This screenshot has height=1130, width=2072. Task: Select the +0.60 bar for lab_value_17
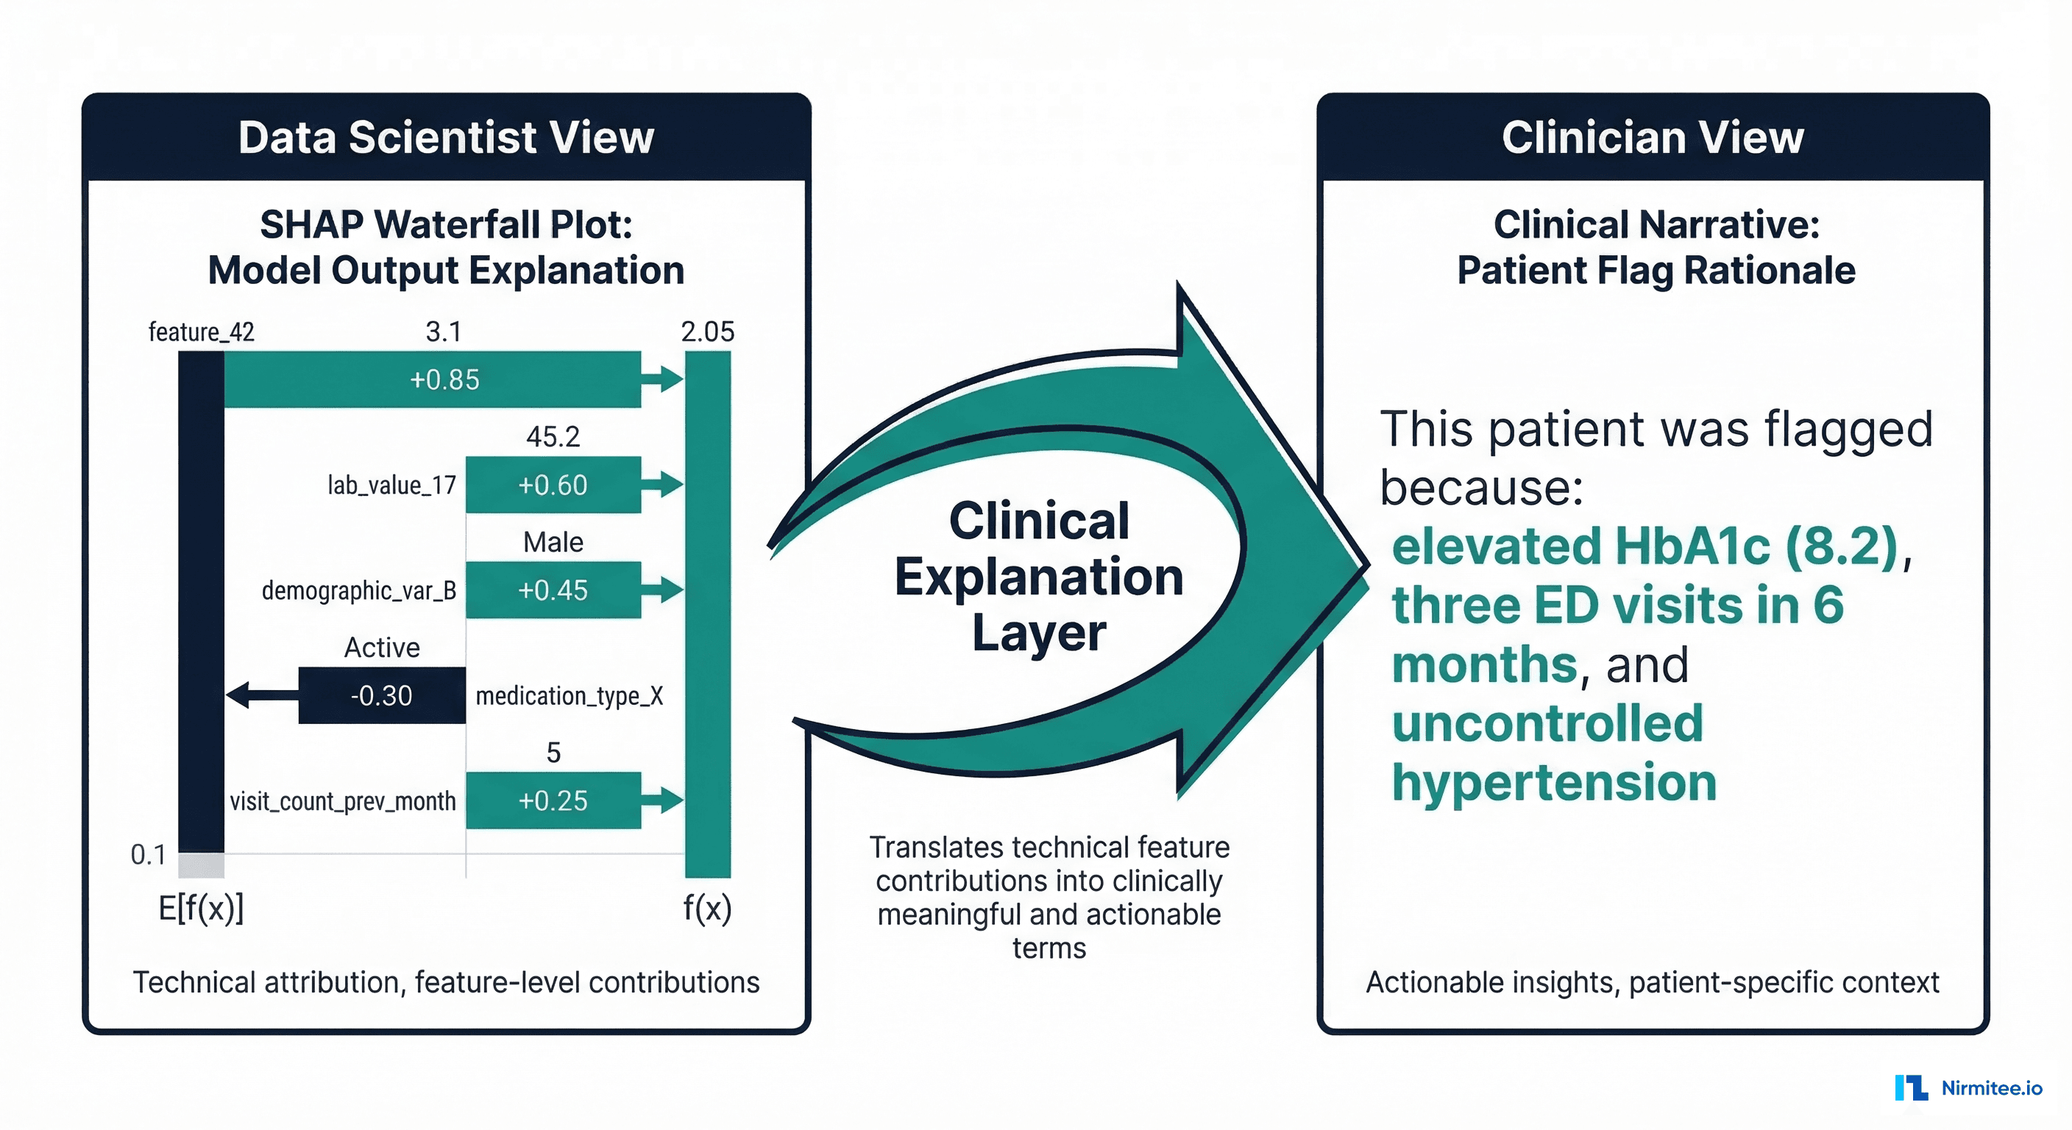553,485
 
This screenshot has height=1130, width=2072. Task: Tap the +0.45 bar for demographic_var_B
553,590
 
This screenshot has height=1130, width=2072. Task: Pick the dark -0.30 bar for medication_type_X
382,696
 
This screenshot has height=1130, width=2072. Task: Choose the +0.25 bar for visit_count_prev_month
553,801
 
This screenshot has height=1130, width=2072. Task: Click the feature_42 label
201,331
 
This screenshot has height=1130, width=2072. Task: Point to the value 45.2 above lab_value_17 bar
553,437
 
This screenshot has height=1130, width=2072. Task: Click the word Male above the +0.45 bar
553,542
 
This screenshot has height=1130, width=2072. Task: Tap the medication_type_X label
570,696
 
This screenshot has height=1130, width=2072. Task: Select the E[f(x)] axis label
201,909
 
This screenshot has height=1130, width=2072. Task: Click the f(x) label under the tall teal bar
708,909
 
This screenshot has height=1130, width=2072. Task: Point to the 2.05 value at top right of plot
708,331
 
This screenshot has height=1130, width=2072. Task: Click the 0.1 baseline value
149,854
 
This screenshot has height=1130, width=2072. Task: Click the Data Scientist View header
447,137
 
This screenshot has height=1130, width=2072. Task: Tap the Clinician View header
1653,137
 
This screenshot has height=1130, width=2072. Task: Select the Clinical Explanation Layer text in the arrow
1039,576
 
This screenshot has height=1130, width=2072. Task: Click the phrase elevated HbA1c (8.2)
1645,547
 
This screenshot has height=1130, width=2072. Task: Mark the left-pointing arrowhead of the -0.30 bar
239,695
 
